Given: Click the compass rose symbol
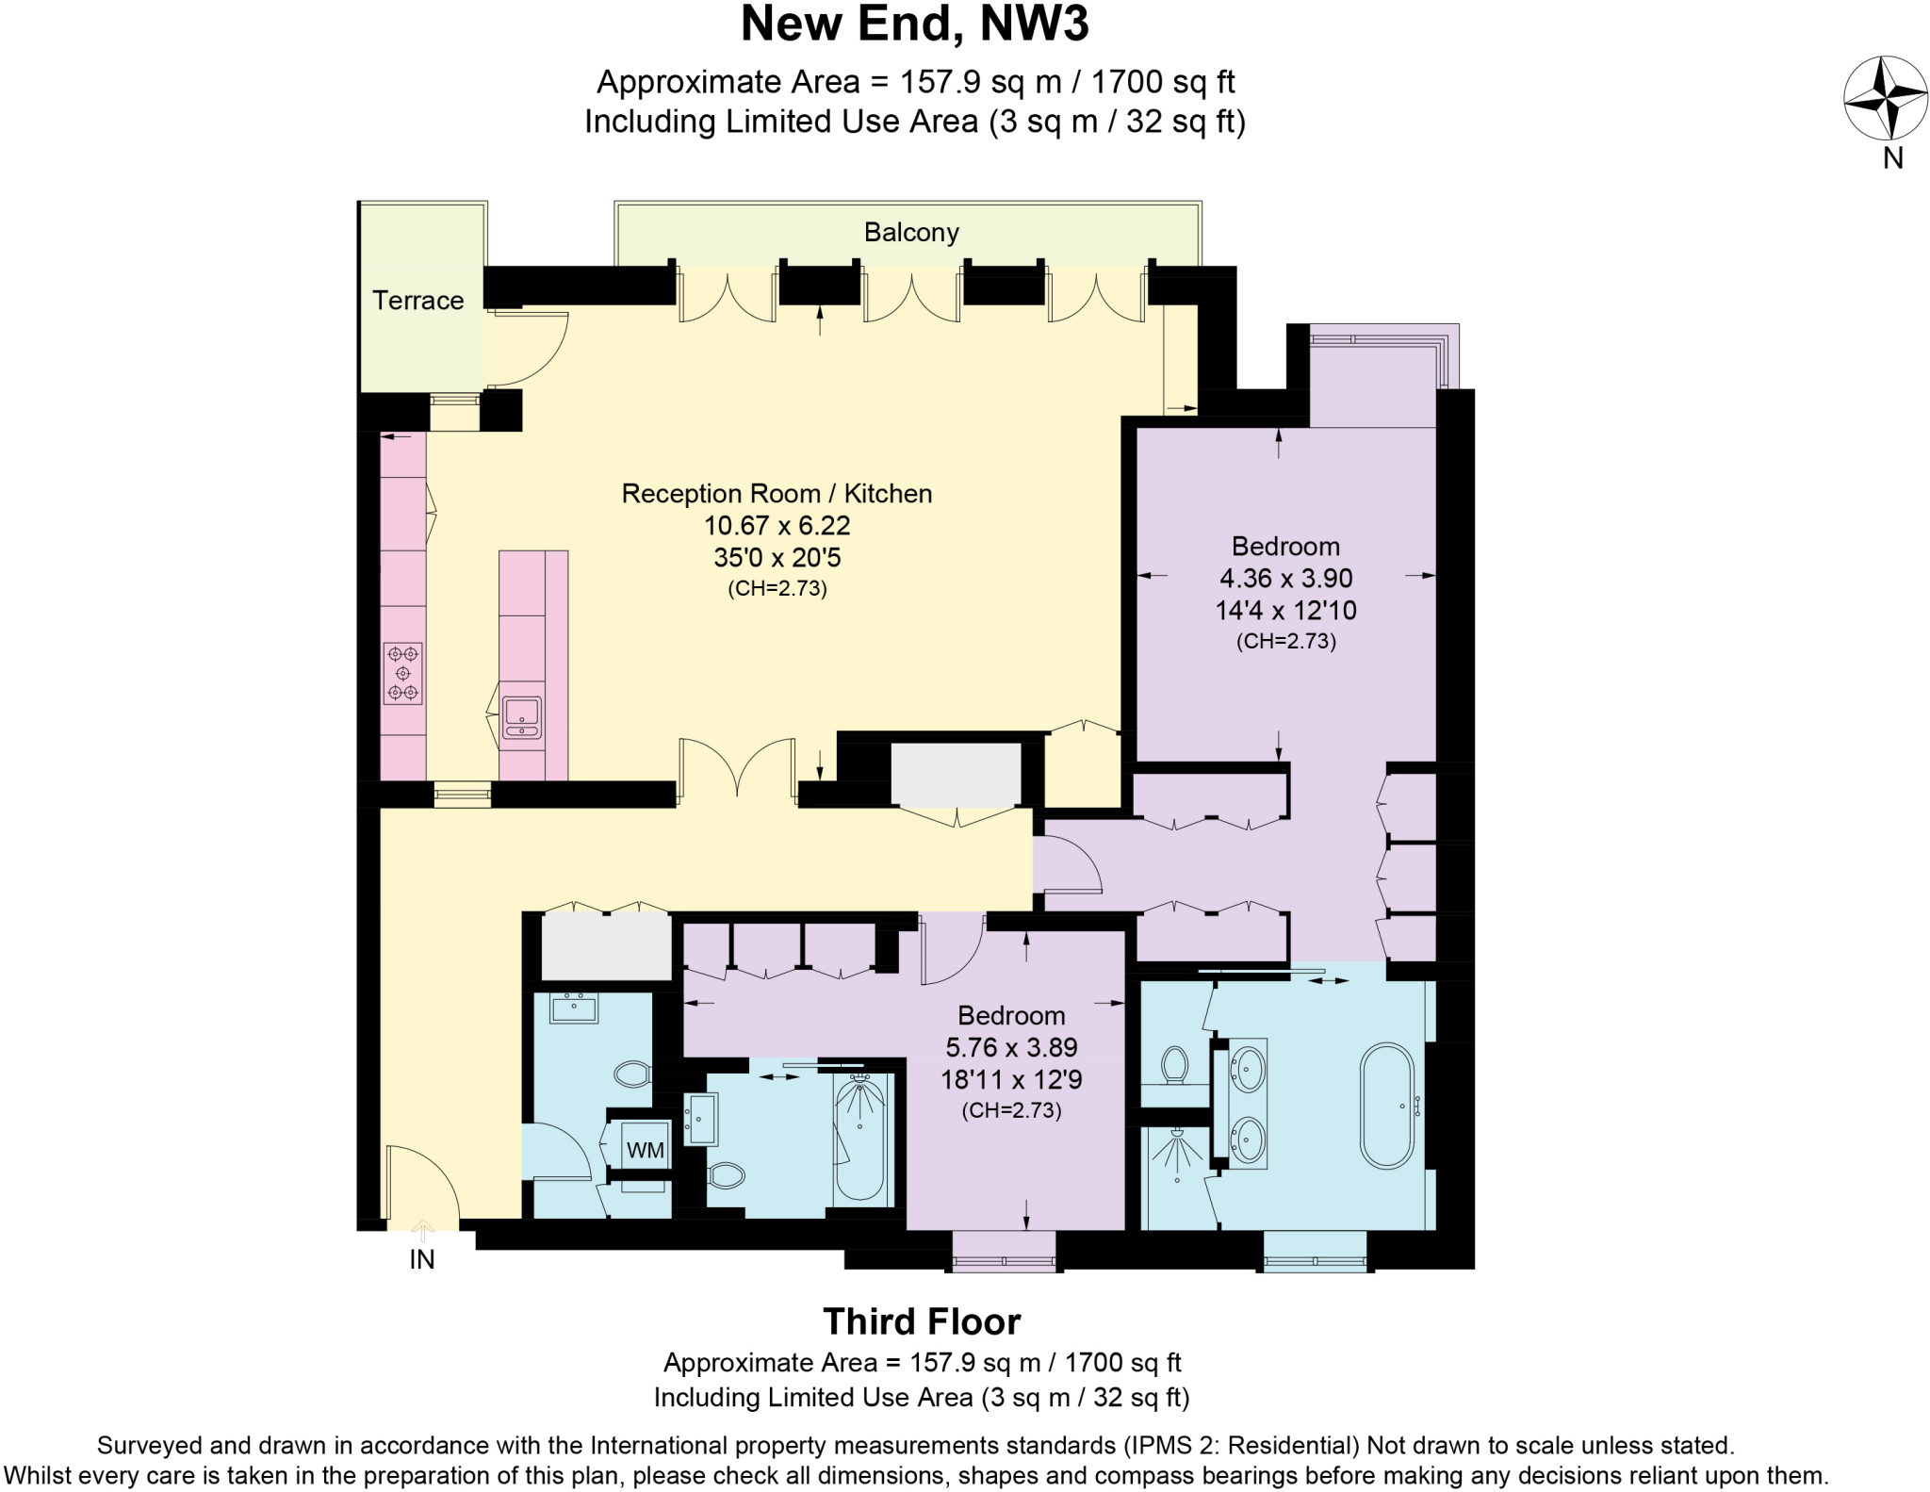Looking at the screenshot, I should click(x=1885, y=98).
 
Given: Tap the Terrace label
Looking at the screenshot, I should click(x=418, y=301).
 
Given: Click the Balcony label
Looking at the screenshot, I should click(x=911, y=233).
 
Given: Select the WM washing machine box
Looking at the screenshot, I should click(x=646, y=1149).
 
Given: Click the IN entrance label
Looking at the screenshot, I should click(x=421, y=1259).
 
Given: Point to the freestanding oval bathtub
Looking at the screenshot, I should click(x=1387, y=1106).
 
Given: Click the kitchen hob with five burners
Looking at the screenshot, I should click(x=403, y=673).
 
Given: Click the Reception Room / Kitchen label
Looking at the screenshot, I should click(x=777, y=494).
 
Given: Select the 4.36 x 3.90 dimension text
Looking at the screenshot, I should click(x=1285, y=578).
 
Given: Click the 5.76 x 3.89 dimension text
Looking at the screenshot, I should click(x=1011, y=1047).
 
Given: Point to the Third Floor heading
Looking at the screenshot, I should click(x=921, y=1321).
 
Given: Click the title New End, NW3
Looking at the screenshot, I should click(x=914, y=25).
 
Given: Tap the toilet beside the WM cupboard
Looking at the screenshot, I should click(x=632, y=1073).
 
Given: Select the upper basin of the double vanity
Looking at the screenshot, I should click(x=1249, y=1070).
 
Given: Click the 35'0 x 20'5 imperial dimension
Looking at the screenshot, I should click(x=777, y=557).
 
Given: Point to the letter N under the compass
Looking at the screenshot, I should click(x=1893, y=158).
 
